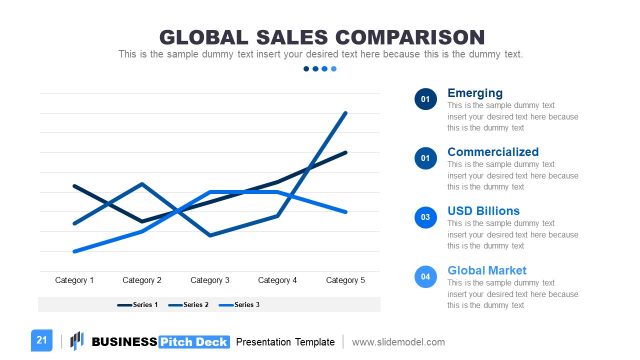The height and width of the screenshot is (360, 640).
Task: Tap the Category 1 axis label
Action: coord(74,281)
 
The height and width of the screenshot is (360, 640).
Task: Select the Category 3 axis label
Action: coord(210,281)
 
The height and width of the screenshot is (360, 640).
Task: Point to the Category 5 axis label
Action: coord(346,281)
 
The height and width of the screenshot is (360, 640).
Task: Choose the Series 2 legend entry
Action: coord(189,304)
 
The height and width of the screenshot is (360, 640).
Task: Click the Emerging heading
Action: coord(475,93)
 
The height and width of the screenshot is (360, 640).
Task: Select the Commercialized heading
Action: coord(493,152)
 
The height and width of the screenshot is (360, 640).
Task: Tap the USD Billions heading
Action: coord(483,211)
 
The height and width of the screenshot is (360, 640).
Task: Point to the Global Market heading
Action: coord(487,270)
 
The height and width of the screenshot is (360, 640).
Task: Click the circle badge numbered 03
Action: coord(426,217)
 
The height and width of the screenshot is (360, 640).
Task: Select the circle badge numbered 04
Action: coord(426,276)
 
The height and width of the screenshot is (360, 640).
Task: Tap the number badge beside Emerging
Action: coord(426,99)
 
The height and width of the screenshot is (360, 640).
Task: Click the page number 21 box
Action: coord(42,341)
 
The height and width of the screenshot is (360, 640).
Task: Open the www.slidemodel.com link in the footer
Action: coord(398,342)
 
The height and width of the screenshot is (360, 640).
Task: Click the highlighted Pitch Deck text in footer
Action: coord(194,342)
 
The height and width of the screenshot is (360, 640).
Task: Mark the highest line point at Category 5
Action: coord(346,113)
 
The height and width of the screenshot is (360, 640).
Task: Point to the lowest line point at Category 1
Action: coord(74,251)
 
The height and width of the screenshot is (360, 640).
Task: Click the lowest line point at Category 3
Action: coord(210,235)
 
